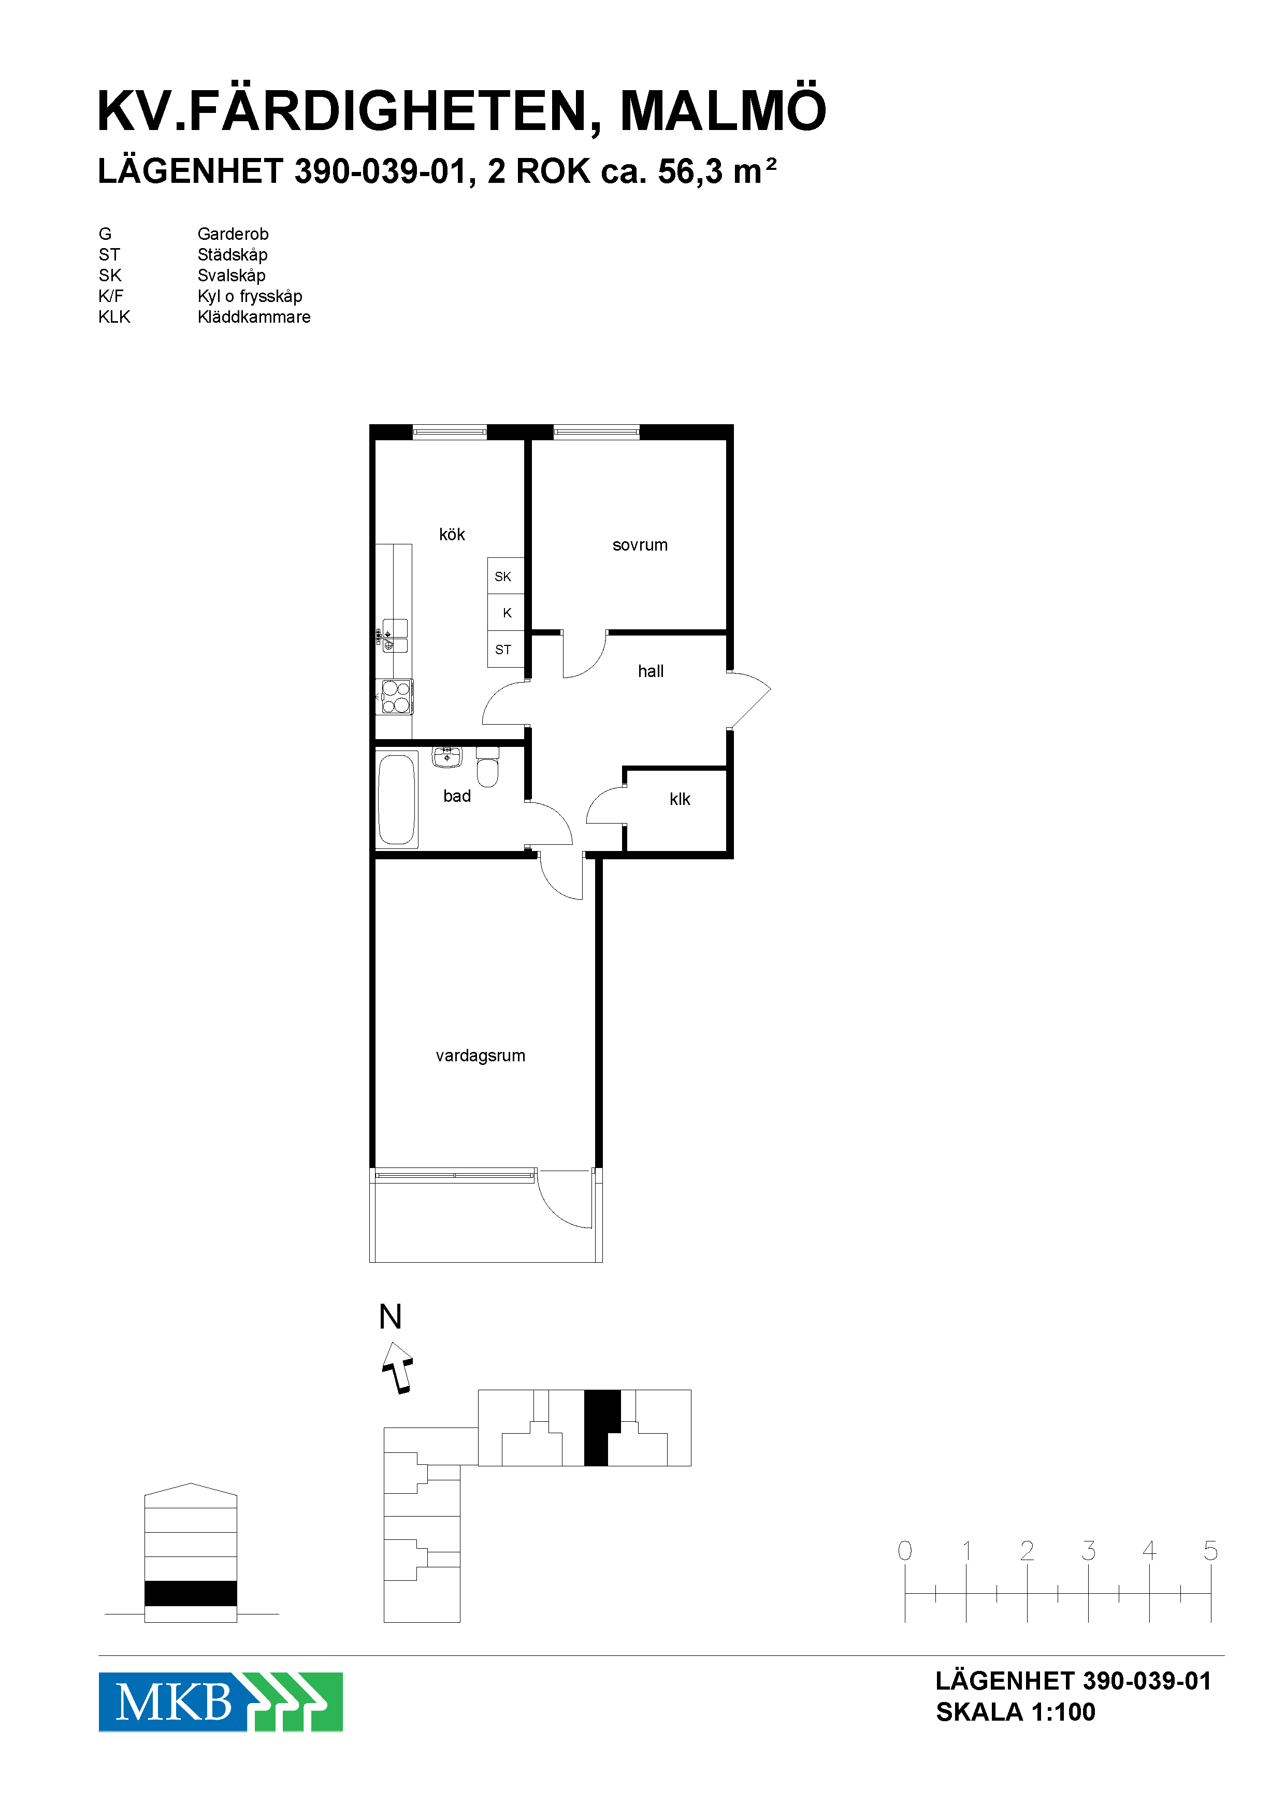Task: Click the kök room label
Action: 452,535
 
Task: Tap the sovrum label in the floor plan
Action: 640,545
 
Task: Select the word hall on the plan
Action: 651,671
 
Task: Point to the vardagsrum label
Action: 480,1056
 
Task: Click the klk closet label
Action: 680,799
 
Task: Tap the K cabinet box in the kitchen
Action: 506,613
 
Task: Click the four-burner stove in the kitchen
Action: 396,697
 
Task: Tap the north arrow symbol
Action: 398,1367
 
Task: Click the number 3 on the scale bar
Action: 1089,1550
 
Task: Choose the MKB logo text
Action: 174,1701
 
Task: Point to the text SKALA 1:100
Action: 1016,1712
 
